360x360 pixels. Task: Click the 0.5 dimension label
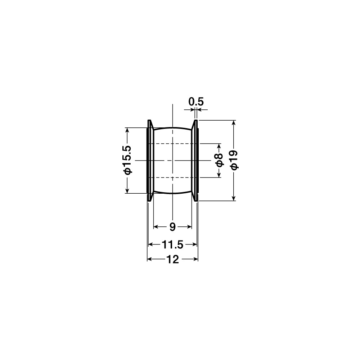196,102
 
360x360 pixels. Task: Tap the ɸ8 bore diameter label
219,160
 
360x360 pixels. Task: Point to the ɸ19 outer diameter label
234,160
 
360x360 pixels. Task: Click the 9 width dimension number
172,227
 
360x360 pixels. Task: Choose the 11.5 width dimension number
172,244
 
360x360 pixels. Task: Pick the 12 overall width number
172,260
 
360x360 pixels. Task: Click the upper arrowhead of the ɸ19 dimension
234,123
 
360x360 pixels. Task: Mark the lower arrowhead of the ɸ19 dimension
234,198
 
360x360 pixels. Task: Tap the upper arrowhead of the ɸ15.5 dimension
127,130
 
